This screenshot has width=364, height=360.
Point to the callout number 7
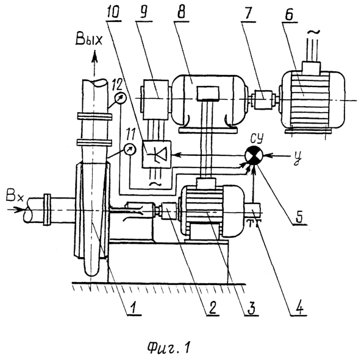click(248, 13)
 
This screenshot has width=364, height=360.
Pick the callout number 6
click(289, 15)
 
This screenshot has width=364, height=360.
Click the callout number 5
click(299, 216)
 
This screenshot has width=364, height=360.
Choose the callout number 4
click(299, 308)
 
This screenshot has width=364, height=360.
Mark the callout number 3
click(251, 308)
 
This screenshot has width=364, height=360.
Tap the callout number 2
click(212, 308)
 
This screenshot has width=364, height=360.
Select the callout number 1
click(134, 308)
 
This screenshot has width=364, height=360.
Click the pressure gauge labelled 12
click(120, 98)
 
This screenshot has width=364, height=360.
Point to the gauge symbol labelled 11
click(130, 149)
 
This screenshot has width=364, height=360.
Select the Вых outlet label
click(88, 40)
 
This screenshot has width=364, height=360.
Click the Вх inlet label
click(15, 197)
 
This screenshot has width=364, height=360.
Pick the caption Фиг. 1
click(169, 347)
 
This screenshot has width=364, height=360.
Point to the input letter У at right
click(296, 159)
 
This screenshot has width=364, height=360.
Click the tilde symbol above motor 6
click(314, 32)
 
